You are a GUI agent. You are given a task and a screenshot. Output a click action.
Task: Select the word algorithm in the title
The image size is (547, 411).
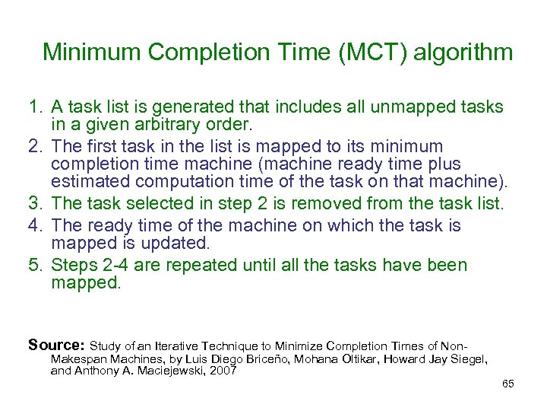[466, 53]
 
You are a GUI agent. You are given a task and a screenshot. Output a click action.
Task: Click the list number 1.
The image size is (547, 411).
[33, 107]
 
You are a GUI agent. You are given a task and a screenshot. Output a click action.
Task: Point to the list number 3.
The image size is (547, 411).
[33, 203]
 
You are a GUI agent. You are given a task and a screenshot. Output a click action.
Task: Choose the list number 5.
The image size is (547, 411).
[33, 266]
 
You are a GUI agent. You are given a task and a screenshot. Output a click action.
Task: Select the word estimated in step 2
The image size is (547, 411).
[90, 182]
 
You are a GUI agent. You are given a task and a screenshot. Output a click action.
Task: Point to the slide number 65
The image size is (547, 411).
[508, 384]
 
